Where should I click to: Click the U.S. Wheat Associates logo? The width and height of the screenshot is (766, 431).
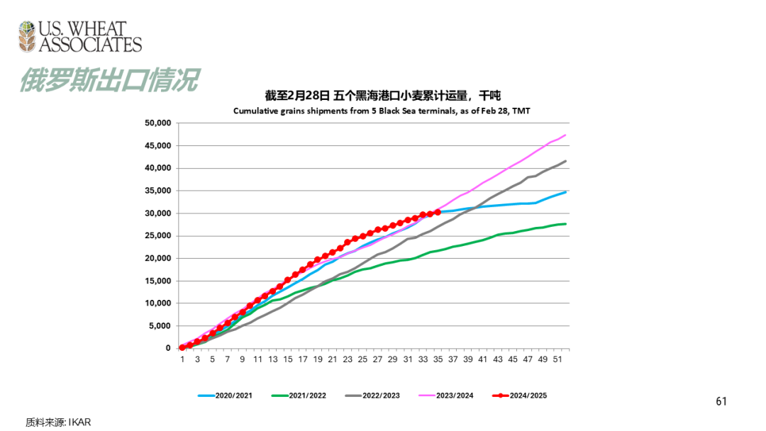click(79, 37)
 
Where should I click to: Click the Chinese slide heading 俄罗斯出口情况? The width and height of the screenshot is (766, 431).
click(108, 80)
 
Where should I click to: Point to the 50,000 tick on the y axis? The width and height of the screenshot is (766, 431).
click(157, 123)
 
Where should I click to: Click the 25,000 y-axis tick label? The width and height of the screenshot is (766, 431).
click(157, 235)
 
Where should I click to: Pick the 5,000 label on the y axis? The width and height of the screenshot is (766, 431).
click(160, 325)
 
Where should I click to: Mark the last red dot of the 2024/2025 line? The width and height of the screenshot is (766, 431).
click(438, 212)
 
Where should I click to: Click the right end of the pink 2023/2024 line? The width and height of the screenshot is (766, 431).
click(565, 135)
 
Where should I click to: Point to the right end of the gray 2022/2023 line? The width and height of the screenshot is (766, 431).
click(565, 161)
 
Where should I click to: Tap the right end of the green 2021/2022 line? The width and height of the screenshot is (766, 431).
click(565, 224)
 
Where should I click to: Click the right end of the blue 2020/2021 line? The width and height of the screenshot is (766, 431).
click(565, 191)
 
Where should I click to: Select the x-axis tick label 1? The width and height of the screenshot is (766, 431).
click(182, 359)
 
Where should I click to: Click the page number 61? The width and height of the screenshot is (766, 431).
click(721, 402)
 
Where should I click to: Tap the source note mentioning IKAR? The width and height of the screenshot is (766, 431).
click(59, 422)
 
